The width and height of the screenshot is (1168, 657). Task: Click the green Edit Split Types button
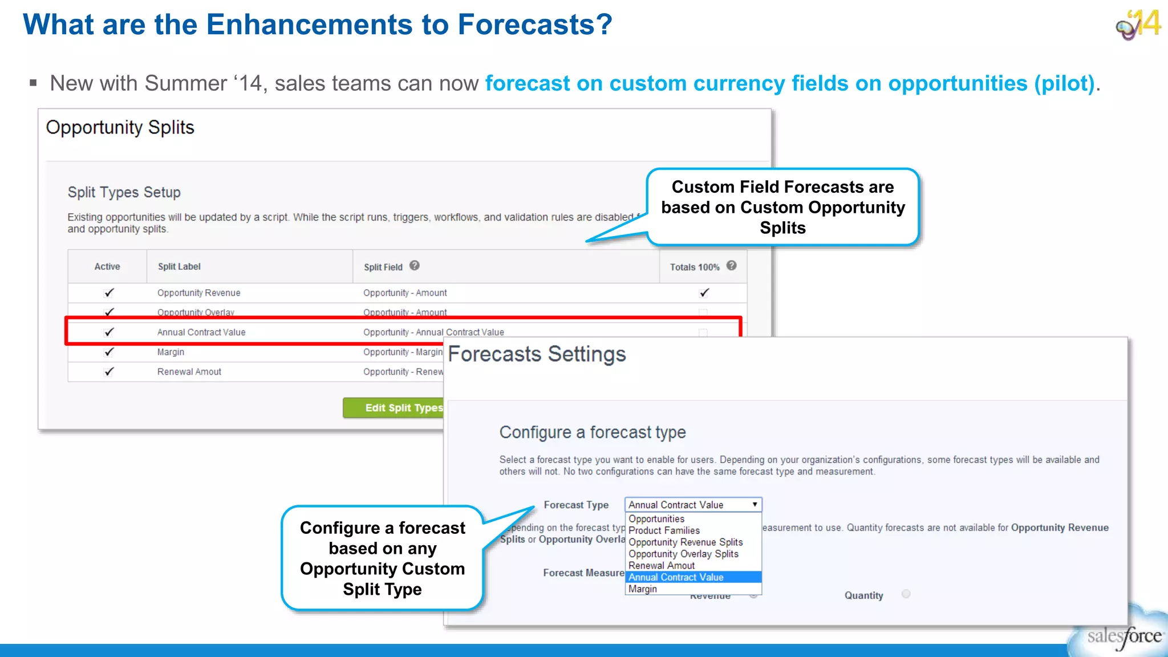(x=394, y=408)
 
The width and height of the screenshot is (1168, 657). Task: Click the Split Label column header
(x=179, y=266)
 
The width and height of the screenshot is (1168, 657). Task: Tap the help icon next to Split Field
(x=415, y=265)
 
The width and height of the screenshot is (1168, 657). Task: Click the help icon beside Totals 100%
(x=732, y=265)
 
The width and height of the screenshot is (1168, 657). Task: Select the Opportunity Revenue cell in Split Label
(x=198, y=293)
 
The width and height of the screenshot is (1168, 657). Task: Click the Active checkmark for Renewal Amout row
(x=109, y=371)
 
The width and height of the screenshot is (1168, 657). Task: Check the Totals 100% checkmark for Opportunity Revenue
(x=704, y=293)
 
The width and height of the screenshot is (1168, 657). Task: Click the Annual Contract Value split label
(x=201, y=332)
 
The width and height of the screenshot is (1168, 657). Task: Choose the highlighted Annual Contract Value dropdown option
(x=676, y=577)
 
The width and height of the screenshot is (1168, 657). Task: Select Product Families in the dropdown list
(x=664, y=530)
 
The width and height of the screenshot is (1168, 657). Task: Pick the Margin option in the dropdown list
(x=643, y=589)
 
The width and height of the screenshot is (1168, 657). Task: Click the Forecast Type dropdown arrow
(x=755, y=505)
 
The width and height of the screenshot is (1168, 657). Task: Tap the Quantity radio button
(x=906, y=594)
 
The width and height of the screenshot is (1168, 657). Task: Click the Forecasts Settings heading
(x=537, y=354)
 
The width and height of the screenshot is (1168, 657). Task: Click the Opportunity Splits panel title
(x=120, y=127)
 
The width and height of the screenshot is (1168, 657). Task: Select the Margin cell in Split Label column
(x=171, y=352)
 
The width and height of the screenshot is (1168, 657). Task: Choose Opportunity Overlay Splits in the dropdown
(x=683, y=554)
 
